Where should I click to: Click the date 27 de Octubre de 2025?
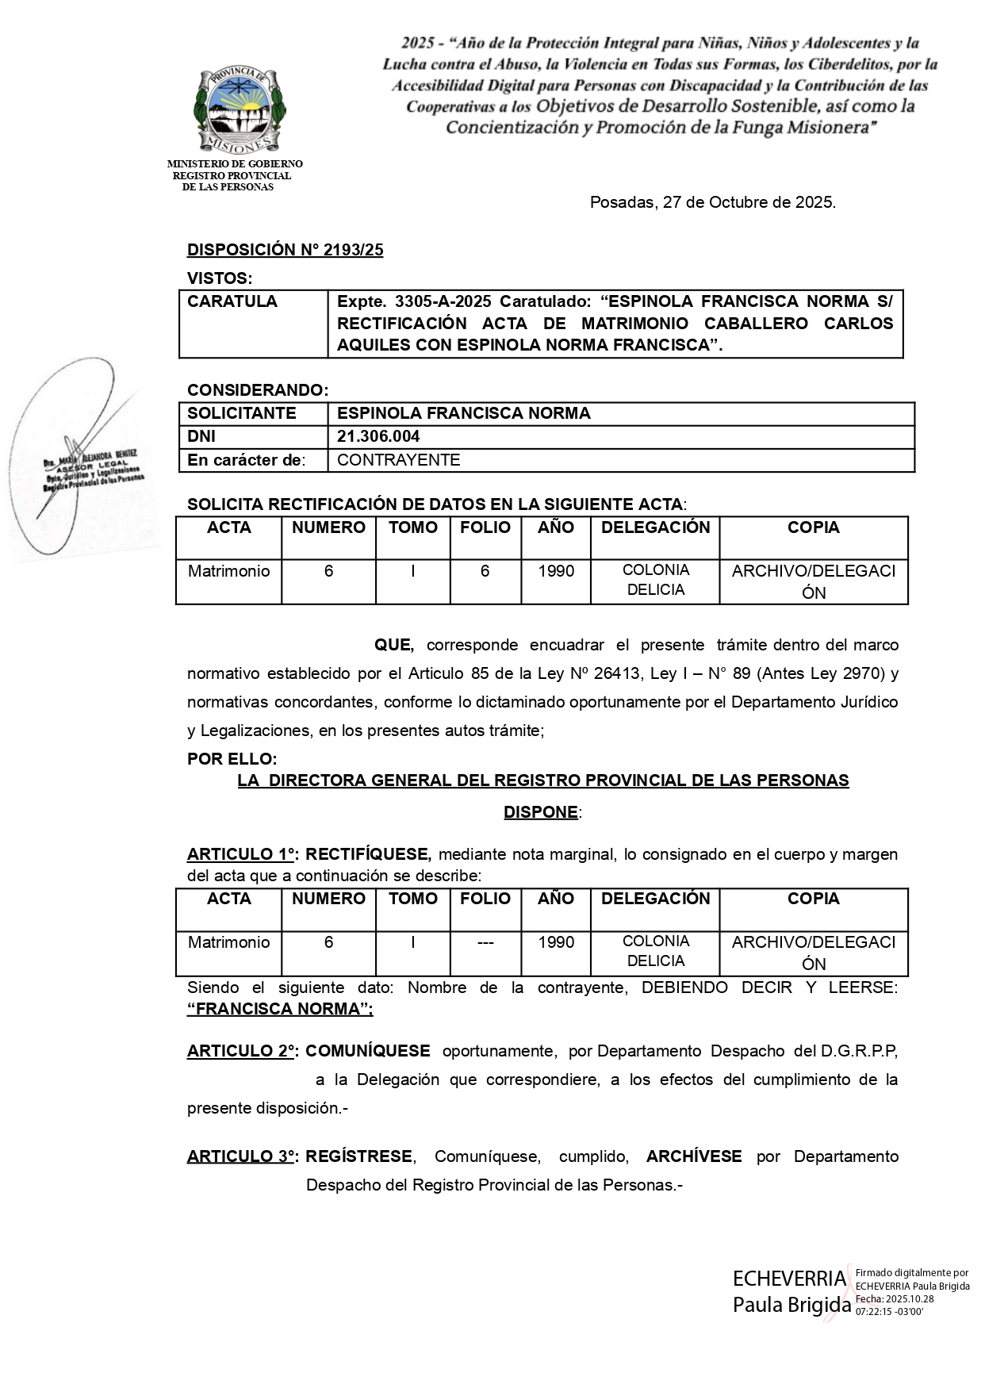748,202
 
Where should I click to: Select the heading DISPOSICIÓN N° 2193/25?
285,250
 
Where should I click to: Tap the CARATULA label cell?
232,301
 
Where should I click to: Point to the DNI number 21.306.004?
378,436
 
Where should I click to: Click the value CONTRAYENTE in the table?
398,460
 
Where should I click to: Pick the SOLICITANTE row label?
241,413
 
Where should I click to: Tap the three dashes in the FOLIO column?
485,942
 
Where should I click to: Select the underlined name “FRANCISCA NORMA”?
280,1009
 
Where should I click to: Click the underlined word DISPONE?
541,812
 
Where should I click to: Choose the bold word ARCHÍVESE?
694,1156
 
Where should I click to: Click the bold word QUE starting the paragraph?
394,645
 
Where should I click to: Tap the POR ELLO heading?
232,759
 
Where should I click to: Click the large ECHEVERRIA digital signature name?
789,1279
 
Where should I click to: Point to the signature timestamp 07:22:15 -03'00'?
889,1312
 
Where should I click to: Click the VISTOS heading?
219,278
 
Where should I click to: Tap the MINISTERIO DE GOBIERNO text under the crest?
235,164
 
